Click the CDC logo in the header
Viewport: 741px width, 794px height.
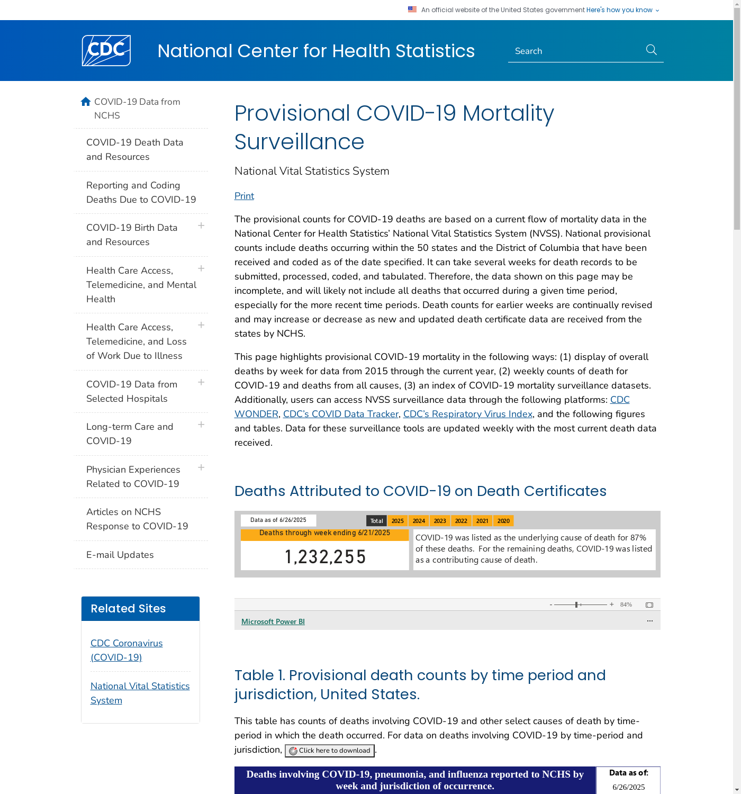tap(106, 51)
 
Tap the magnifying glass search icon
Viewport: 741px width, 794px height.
tap(652, 50)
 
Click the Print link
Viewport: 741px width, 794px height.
tap(244, 196)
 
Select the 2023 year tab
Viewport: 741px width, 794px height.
tap(440, 521)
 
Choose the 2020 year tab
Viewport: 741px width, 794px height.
tap(503, 521)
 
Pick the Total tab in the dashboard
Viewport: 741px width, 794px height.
tap(376, 521)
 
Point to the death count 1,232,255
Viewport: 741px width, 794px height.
tap(325, 557)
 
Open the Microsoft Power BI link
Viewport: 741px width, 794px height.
tap(273, 621)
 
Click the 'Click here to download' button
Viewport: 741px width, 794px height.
tap(330, 751)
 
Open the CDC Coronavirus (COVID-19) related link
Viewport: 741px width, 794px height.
tap(126, 650)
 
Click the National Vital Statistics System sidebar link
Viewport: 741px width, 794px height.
tap(140, 693)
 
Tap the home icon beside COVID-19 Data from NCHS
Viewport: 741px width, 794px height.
tap(86, 102)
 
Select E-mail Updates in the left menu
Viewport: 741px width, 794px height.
tap(120, 555)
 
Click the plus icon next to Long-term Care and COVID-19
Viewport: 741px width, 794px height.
tap(201, 425)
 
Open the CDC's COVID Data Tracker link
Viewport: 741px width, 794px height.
tap(341, 414)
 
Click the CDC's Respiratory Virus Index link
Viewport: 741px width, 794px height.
tap(468, 414)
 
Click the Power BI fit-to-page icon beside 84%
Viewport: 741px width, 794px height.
tap(649, 605)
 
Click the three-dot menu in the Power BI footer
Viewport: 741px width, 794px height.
tap(650, 621)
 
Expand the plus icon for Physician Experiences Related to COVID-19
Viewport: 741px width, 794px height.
tap(201, 467)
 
